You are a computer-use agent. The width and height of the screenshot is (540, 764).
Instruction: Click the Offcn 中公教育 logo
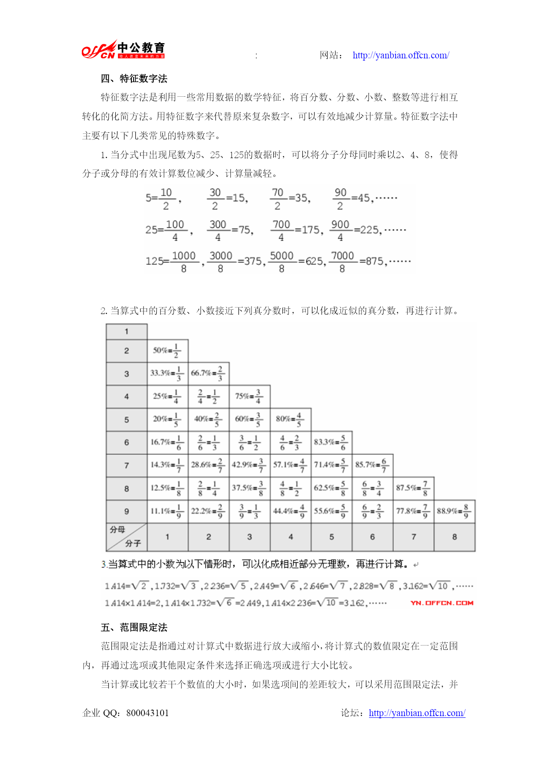pos(124,49)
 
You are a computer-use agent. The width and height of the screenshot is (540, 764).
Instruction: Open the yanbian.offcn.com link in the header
pos(401,55)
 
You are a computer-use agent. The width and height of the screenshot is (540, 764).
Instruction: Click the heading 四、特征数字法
pos(134,78)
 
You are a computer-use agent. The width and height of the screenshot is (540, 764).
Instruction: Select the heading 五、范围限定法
pos(134,627)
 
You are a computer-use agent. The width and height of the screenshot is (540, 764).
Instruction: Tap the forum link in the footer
pos(417,713)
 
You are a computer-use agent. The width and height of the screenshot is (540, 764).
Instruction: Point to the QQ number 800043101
pos(148,713)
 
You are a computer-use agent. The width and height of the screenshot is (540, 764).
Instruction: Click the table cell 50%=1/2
pos(167,351)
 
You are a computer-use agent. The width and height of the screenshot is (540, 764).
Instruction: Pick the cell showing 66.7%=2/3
pos(208,373)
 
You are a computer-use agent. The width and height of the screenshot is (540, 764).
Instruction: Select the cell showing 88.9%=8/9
pos(454,511)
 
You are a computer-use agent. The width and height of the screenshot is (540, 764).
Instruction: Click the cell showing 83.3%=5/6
pos(331,442)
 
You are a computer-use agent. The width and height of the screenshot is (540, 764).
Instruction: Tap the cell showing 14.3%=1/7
pos(167,465)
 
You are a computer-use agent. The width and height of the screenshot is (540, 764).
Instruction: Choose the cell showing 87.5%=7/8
pos(413,488)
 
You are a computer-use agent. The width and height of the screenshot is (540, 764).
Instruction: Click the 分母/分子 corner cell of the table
pos(126,537)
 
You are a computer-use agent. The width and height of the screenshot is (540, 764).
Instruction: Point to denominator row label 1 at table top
pos(127,331)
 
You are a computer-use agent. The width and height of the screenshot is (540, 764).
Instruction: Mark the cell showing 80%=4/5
pos(290,419)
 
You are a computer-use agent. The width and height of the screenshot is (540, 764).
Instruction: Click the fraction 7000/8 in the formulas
pos(342,261)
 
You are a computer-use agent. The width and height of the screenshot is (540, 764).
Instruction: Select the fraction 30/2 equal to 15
pos(215,199)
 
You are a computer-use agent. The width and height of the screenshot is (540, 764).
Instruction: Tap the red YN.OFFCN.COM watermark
pos(442,603)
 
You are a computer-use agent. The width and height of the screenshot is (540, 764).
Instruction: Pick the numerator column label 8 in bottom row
pos(454,537)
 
